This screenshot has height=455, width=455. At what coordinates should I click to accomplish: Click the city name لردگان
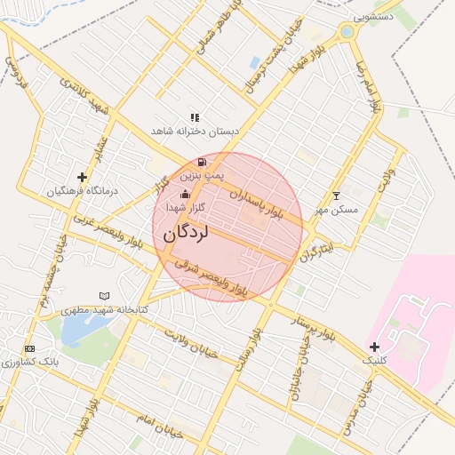186,233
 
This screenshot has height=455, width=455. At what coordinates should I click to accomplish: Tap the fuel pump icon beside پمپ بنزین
204,162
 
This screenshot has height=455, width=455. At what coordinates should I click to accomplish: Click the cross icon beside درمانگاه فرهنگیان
83,177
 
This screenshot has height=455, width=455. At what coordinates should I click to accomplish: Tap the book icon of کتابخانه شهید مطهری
105,296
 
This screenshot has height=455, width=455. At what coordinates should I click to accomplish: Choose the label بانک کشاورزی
29,362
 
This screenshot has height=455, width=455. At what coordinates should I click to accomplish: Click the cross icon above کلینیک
374,346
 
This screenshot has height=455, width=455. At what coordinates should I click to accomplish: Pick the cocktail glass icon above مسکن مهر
336,196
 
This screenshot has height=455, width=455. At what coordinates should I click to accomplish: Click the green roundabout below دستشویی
347,33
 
